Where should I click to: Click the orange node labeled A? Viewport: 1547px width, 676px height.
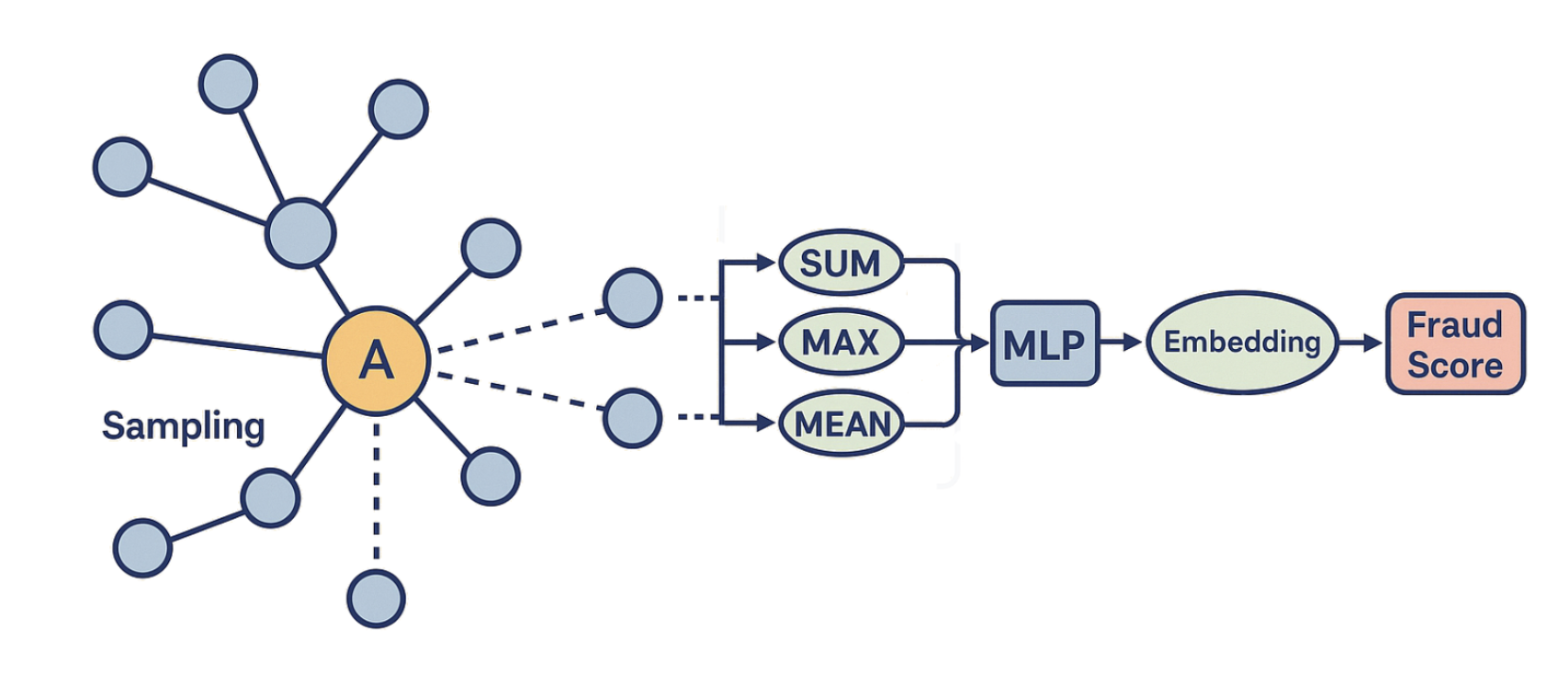pos(376,360)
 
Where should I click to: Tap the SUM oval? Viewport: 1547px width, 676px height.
pos(841,264)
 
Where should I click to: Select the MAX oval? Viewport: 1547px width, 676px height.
pos(841,343)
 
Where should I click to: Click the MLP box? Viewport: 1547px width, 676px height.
pos(1045,344)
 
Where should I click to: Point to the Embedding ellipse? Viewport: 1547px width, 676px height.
pos(1242,343)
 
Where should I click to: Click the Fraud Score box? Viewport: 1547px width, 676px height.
pos(1455,344)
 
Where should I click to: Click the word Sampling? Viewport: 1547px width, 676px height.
pos(183,426)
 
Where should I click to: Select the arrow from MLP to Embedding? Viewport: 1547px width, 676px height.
pos(1121,343)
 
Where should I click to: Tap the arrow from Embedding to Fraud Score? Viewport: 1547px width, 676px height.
pos(1360,343)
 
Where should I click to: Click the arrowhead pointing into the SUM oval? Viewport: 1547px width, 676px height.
pos(766,264)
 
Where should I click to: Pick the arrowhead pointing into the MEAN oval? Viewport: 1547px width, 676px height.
pos(766,423)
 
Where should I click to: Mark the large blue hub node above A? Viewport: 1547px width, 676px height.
pos(300,232)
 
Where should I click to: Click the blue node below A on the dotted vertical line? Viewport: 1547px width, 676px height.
pos(376,598)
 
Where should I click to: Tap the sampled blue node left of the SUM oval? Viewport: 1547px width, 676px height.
pos(632,298)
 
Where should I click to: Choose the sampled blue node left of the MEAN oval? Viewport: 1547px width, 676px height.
pos(632,418)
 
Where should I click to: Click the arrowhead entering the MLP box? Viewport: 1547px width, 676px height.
pos(979,344)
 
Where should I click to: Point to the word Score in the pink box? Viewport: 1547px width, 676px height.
pos(1455,366)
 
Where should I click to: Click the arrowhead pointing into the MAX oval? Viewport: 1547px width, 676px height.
pos(766,343)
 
